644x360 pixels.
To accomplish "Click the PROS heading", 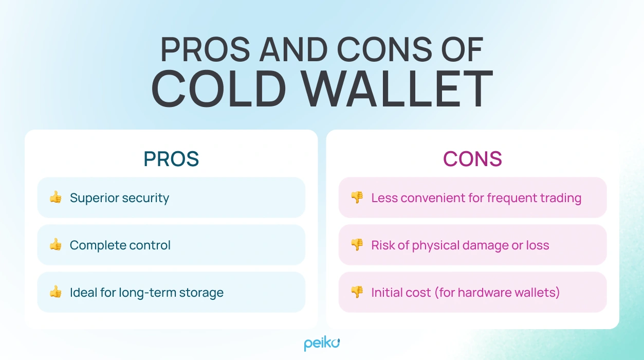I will (171, 159).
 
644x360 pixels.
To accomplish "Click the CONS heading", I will (472, 159).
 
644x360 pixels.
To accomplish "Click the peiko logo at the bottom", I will (322, 343).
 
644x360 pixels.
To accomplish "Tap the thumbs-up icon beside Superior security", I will (56, 197).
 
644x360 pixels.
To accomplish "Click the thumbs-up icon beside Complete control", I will (56, 245).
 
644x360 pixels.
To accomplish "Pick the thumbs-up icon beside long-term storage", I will (56, 292).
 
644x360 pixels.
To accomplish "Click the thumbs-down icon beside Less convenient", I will (357, 197).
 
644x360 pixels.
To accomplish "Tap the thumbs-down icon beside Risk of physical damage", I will (357, 245).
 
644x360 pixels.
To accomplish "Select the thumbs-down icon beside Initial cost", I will (357, 292).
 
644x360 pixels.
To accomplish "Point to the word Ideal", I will (82, 293).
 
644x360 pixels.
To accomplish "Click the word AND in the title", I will (293, 50).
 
